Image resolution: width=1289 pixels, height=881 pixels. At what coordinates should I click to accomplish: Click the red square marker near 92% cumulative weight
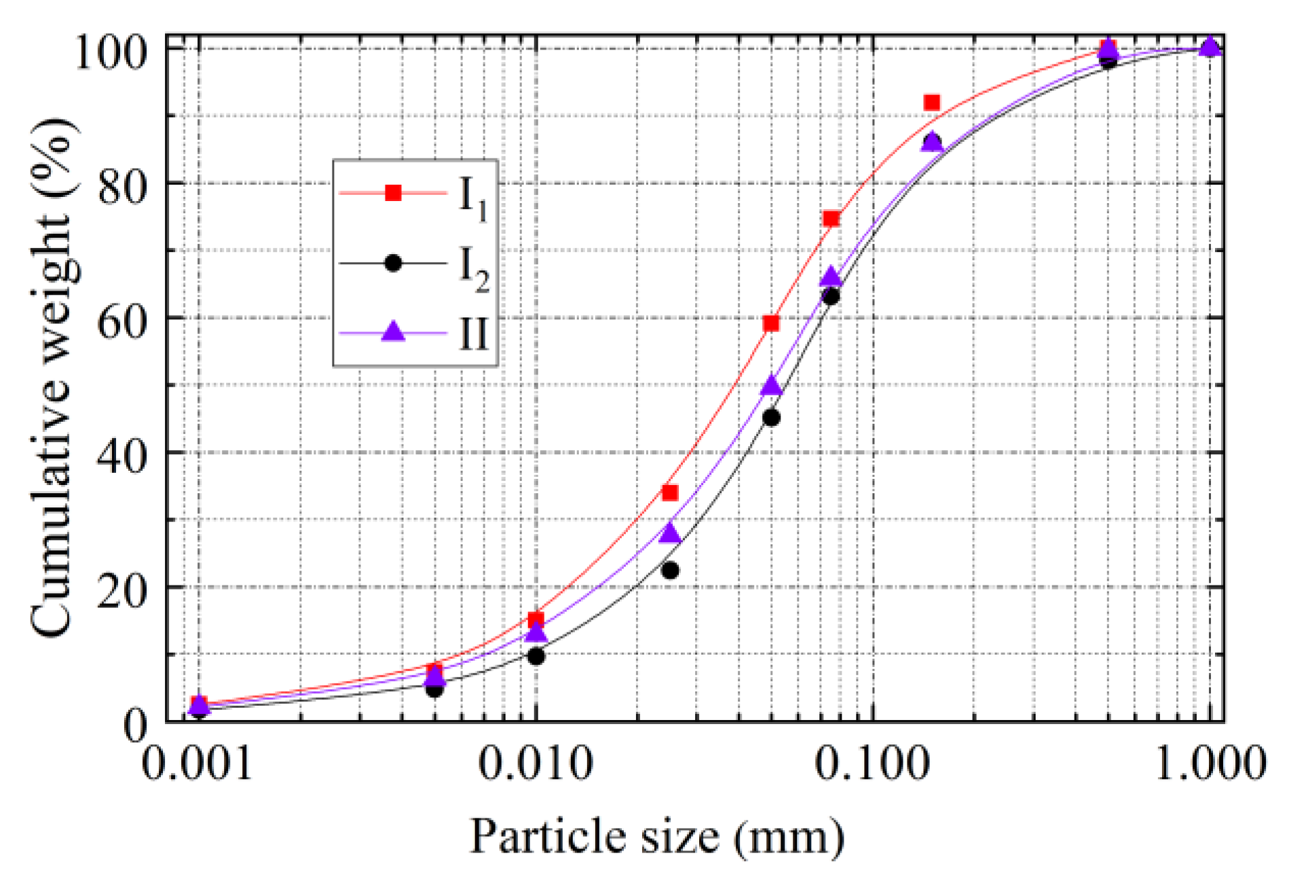click(931, 103)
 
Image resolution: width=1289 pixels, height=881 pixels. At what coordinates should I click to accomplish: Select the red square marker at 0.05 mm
click(770, 323)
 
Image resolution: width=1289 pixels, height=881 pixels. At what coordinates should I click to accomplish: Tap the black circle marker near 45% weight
click(771, 418)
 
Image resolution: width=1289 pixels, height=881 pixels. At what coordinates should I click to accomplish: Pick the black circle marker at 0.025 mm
click(670, 570)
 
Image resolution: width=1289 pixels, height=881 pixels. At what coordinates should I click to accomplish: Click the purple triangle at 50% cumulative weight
click(771, 386)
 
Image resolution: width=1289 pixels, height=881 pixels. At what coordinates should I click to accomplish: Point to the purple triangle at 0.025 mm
click(670, 533)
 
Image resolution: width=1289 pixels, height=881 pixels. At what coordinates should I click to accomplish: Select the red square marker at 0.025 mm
click(670, 492)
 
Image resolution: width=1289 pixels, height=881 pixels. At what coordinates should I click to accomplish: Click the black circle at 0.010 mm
click(536, 656)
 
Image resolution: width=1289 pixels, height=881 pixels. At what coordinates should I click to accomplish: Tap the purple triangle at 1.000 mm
click(1210, 46)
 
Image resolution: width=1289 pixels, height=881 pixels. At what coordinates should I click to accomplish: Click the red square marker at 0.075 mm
click(831, 218)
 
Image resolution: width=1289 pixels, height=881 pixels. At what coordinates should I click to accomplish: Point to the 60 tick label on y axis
click(122, 319)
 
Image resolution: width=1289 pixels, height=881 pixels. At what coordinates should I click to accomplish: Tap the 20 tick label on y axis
click(122, 588)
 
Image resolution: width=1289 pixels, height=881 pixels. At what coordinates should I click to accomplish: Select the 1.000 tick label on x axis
click(1210, 763)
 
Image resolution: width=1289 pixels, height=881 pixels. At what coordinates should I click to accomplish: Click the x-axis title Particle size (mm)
click(657, 837)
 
